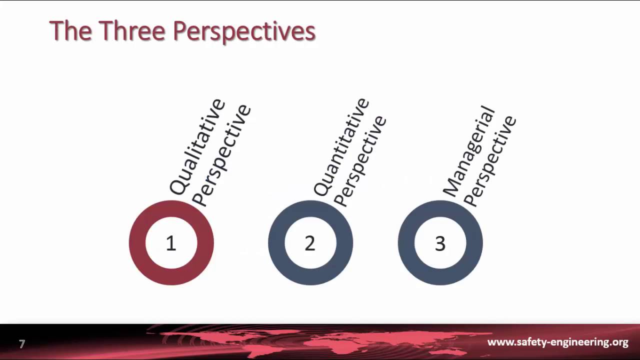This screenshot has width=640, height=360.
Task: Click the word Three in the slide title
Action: click(132, 31)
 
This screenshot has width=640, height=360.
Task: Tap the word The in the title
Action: click(70, 31)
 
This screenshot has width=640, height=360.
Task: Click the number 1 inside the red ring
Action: click(171, 243)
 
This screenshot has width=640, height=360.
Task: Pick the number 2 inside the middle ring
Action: click(310, 243)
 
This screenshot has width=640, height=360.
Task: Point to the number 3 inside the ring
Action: click(440, 243)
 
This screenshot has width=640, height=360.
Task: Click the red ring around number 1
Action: click(137, 243)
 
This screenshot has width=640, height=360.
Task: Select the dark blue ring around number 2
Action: click(276, 243)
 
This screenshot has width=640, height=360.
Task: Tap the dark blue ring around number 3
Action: click(406, 243)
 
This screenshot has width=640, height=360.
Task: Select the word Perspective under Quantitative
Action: click(360, 160)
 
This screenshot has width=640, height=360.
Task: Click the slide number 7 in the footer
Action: click(22, 344)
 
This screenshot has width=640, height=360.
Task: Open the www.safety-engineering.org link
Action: click(557, 342)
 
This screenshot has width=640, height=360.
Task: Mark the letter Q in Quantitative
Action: click(321, 188)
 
